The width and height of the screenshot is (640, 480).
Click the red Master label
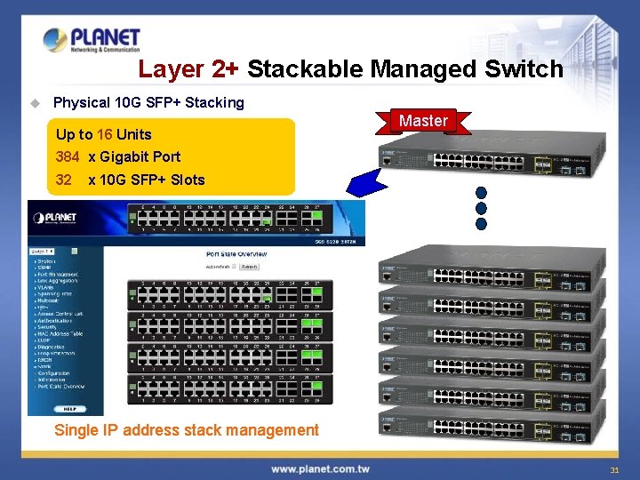[x=423, y=121]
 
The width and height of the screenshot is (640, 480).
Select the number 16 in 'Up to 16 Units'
[x=105, y=134]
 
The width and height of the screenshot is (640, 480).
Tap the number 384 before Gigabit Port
[x=68, y=156]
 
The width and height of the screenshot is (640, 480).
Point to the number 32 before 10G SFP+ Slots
[x=63, y=180]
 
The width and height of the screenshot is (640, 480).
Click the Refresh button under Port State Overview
[x=249, y=266]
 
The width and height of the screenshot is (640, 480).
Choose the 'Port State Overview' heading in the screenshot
[x=243, y=254]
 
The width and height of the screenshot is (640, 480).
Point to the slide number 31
[x=614, y=469]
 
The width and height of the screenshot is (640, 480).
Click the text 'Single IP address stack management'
[x=187, y=430]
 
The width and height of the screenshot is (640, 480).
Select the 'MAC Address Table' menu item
[x=60, y=333]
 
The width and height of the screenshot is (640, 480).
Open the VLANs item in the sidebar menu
[x=46, y=288]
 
